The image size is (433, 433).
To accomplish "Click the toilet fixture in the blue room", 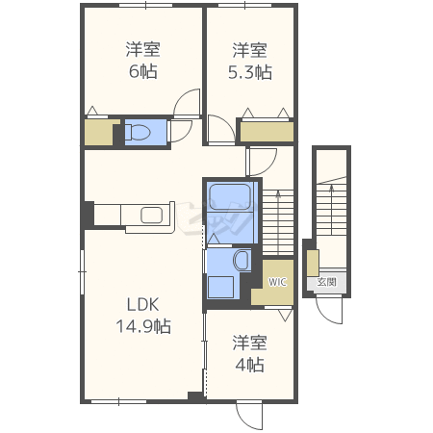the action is [138, 132].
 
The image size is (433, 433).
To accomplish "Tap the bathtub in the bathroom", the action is [230, 198].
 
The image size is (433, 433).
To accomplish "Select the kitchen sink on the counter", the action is [151, 215].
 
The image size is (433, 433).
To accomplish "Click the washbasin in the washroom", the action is [242, 260].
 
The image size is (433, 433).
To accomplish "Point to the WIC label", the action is [277, 282].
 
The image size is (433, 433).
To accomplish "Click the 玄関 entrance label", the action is [326, 282].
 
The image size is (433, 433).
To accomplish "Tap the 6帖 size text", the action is [143, 71].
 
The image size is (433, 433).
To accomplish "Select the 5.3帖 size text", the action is [250, 72].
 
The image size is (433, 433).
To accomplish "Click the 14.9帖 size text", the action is [143, 326].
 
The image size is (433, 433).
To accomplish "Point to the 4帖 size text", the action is [250, 365].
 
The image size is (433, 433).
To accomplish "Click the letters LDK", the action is [143, 304].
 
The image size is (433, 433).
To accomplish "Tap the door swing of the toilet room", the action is [180, 131].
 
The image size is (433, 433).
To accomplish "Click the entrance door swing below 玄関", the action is [329, 311].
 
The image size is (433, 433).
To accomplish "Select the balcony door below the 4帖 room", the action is [249, 416].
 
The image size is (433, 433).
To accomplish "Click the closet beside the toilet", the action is [98, 132].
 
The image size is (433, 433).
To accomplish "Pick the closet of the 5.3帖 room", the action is [267, 132].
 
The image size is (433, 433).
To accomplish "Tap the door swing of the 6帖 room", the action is [187, 102].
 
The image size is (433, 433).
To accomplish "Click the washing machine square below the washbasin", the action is [220, 287].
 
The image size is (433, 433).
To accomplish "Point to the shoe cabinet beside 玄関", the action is [313, 263].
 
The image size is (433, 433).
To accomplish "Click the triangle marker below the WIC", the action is [285, 316].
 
